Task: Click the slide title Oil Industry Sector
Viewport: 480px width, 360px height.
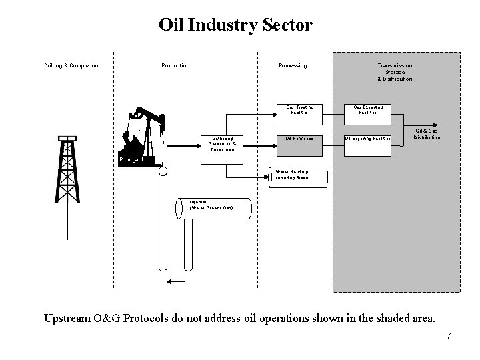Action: click(x=235, y=25)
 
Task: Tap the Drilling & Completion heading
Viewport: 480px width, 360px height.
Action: click(x=71, y=65)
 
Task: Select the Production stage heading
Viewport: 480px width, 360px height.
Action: click(x=175, y=65)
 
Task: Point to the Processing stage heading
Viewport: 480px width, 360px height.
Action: click(x=293, y=65)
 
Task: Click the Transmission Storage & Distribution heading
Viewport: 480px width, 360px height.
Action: click(x=395, y=72)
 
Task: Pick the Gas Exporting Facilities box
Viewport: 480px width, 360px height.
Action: click(x=368, y=110)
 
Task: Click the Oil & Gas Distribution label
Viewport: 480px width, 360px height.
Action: click(x=427, y=134)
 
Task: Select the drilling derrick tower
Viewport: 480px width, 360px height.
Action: click(x=67, y=170)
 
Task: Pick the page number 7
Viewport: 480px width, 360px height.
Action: click(x=449, y=336)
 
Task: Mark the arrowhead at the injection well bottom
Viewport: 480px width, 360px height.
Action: click(x=169, y=282)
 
